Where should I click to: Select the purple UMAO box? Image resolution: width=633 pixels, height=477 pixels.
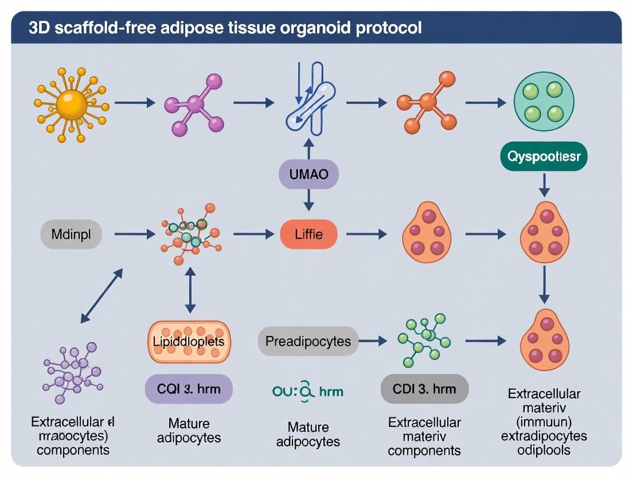pyautogui.click(x=308, y=174)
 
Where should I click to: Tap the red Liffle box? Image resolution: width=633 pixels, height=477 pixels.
pyautogui.click(x=308, y=234)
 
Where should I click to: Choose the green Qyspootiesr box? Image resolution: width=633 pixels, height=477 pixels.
pyautogui.click(x=544, y=157)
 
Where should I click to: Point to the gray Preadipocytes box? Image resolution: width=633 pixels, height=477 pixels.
pyautogui.click(x=308, y=342)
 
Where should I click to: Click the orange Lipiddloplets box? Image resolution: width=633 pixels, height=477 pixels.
pyautogui.click(x=189, y=342)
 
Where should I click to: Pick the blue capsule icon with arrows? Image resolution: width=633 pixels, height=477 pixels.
pyautogui.click(x=309, y=103)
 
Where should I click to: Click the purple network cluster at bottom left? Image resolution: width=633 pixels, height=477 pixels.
pyautogui.click(x=72, y=373)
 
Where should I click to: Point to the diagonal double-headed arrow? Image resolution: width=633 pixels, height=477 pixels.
pyautogui.click(x=102, y=296)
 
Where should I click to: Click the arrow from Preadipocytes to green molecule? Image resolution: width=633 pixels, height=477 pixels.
pyautogui.click(x=373, y=342)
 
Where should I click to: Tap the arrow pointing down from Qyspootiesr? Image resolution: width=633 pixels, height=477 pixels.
pyautogui.click(x=544, y=185)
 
